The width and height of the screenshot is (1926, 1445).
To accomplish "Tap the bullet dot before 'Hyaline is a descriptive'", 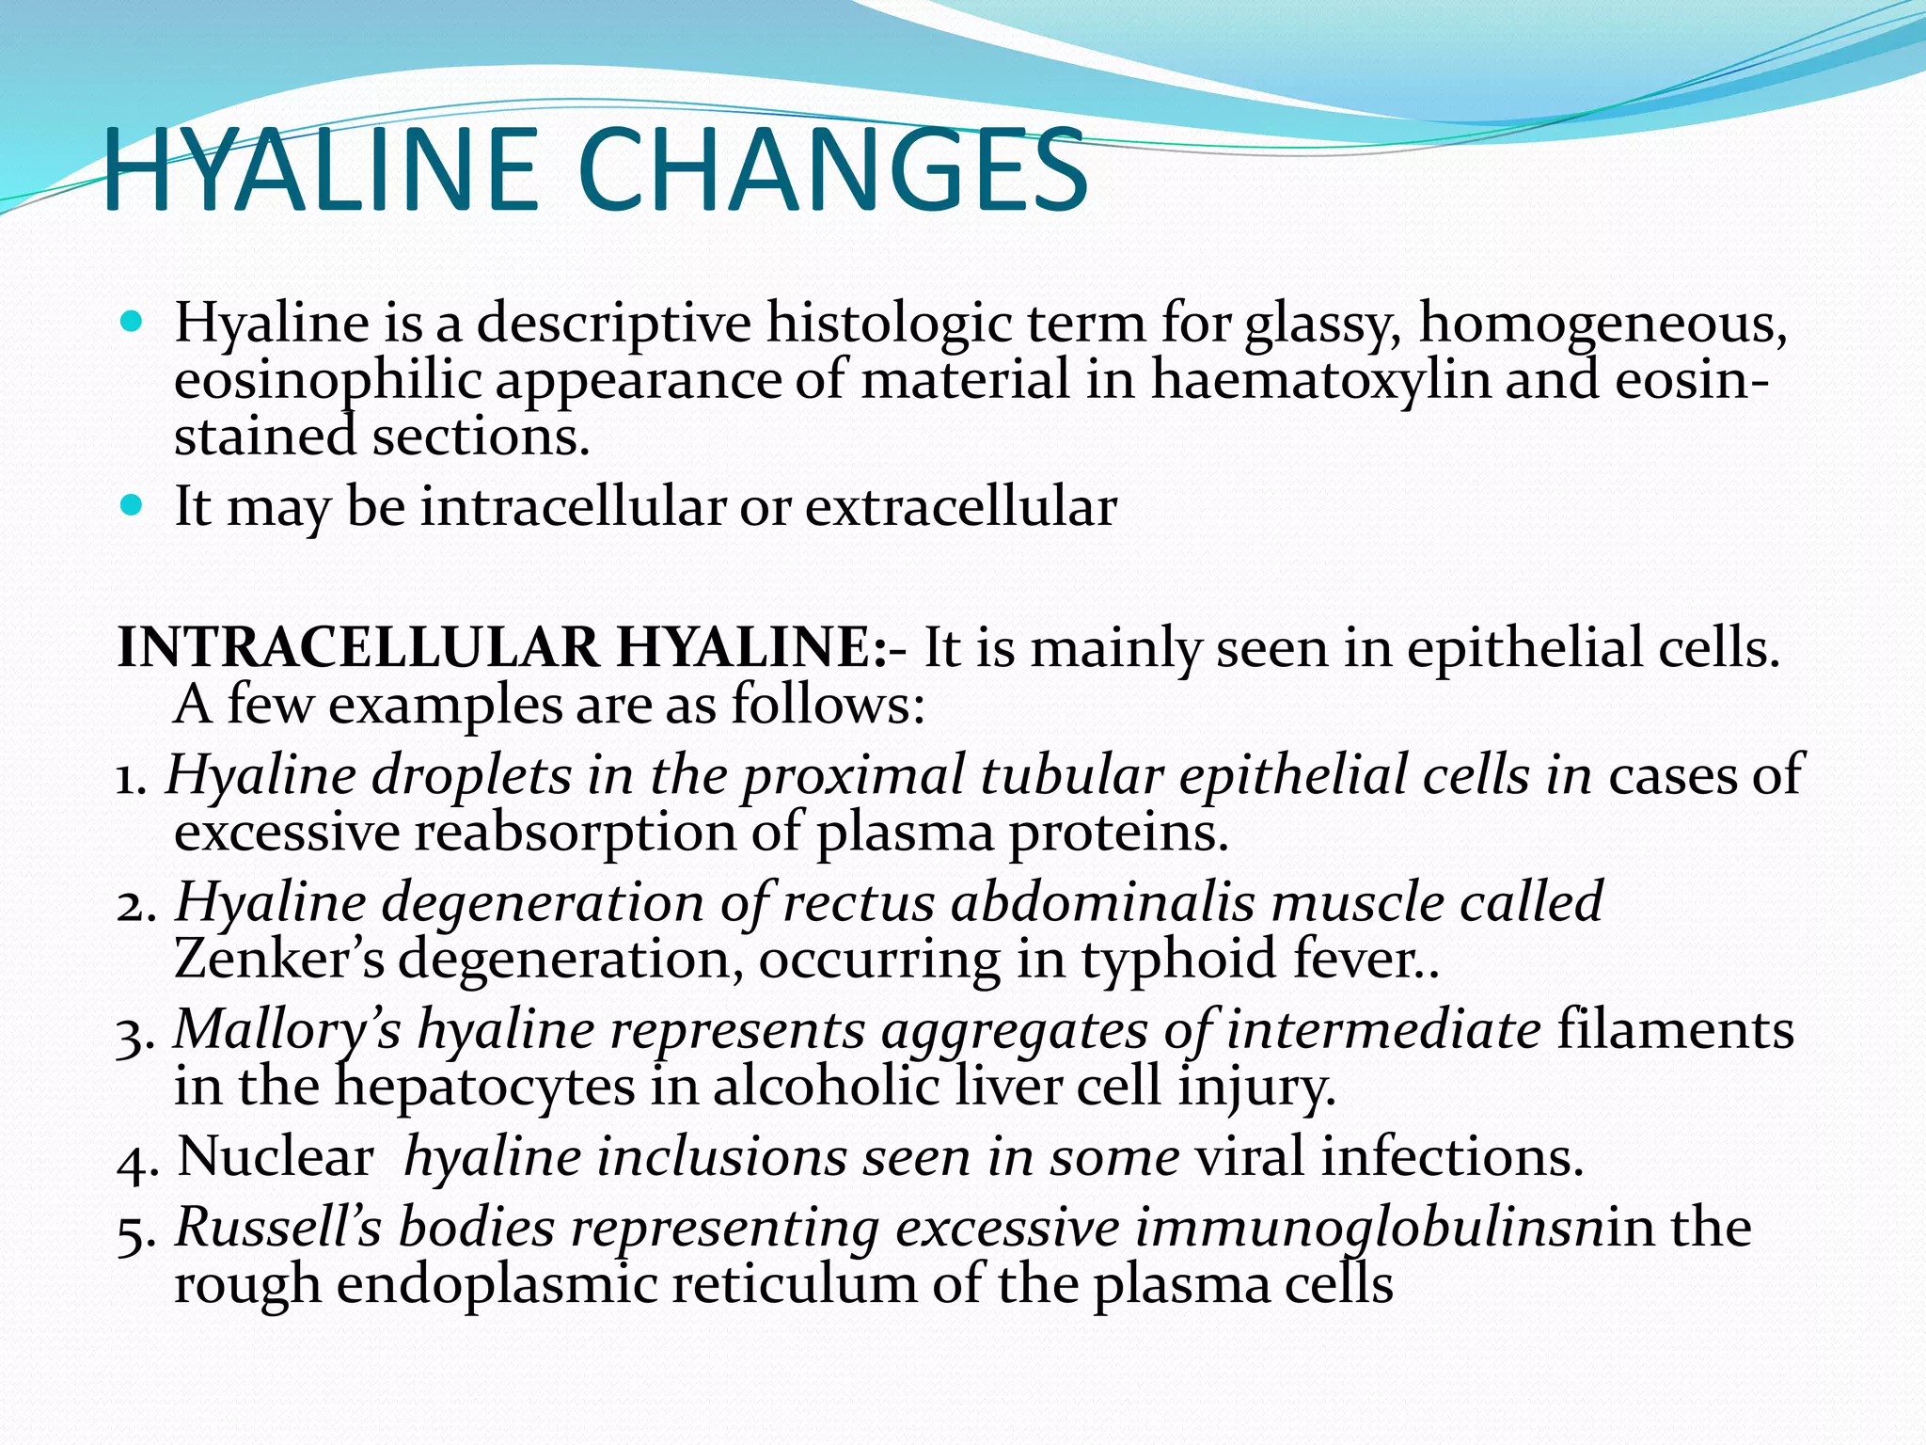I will pos(132,323).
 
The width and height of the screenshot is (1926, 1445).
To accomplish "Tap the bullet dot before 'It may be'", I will pos(132,506).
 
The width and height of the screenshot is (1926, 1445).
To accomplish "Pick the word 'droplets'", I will pos(471,777).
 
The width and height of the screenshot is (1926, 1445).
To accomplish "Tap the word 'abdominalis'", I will pos(1102,902).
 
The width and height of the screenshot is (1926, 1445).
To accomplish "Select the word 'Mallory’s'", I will pos(288,1029).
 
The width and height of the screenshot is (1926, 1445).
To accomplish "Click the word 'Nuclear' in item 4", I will pos(276,1156).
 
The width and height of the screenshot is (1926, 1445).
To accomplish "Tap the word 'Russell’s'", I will pos(278,1228).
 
